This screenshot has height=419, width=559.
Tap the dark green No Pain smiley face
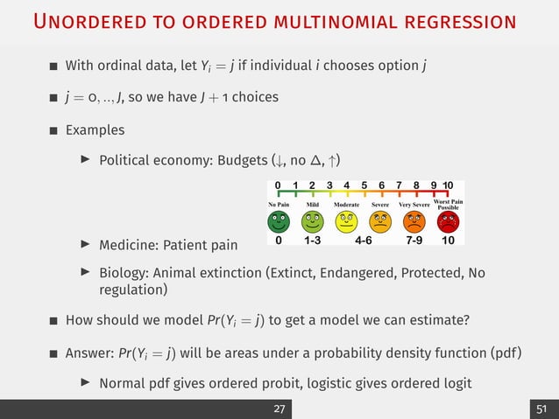278,219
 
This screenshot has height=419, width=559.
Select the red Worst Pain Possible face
448,219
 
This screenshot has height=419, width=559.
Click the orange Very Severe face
414,219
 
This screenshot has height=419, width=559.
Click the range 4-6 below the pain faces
364,239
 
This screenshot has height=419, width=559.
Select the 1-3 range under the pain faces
313,239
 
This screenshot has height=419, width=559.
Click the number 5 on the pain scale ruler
362,185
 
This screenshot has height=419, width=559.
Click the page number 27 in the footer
279,409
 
